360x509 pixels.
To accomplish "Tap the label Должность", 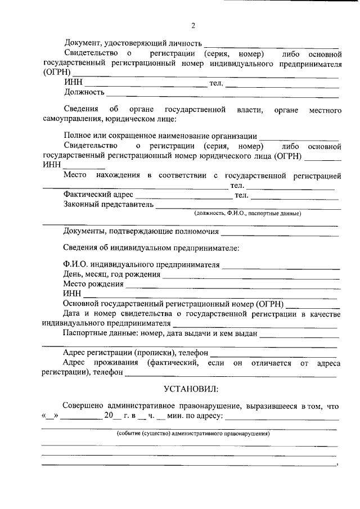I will pos(84,92).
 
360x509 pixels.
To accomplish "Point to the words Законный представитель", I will pos(109,205).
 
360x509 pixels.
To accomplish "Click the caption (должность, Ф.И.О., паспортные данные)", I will pos(248,214).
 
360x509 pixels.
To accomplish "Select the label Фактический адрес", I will pos(98,195).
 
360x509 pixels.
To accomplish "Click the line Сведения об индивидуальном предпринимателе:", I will pos(151,248).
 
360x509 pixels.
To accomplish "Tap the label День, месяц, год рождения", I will pos(112,274).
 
